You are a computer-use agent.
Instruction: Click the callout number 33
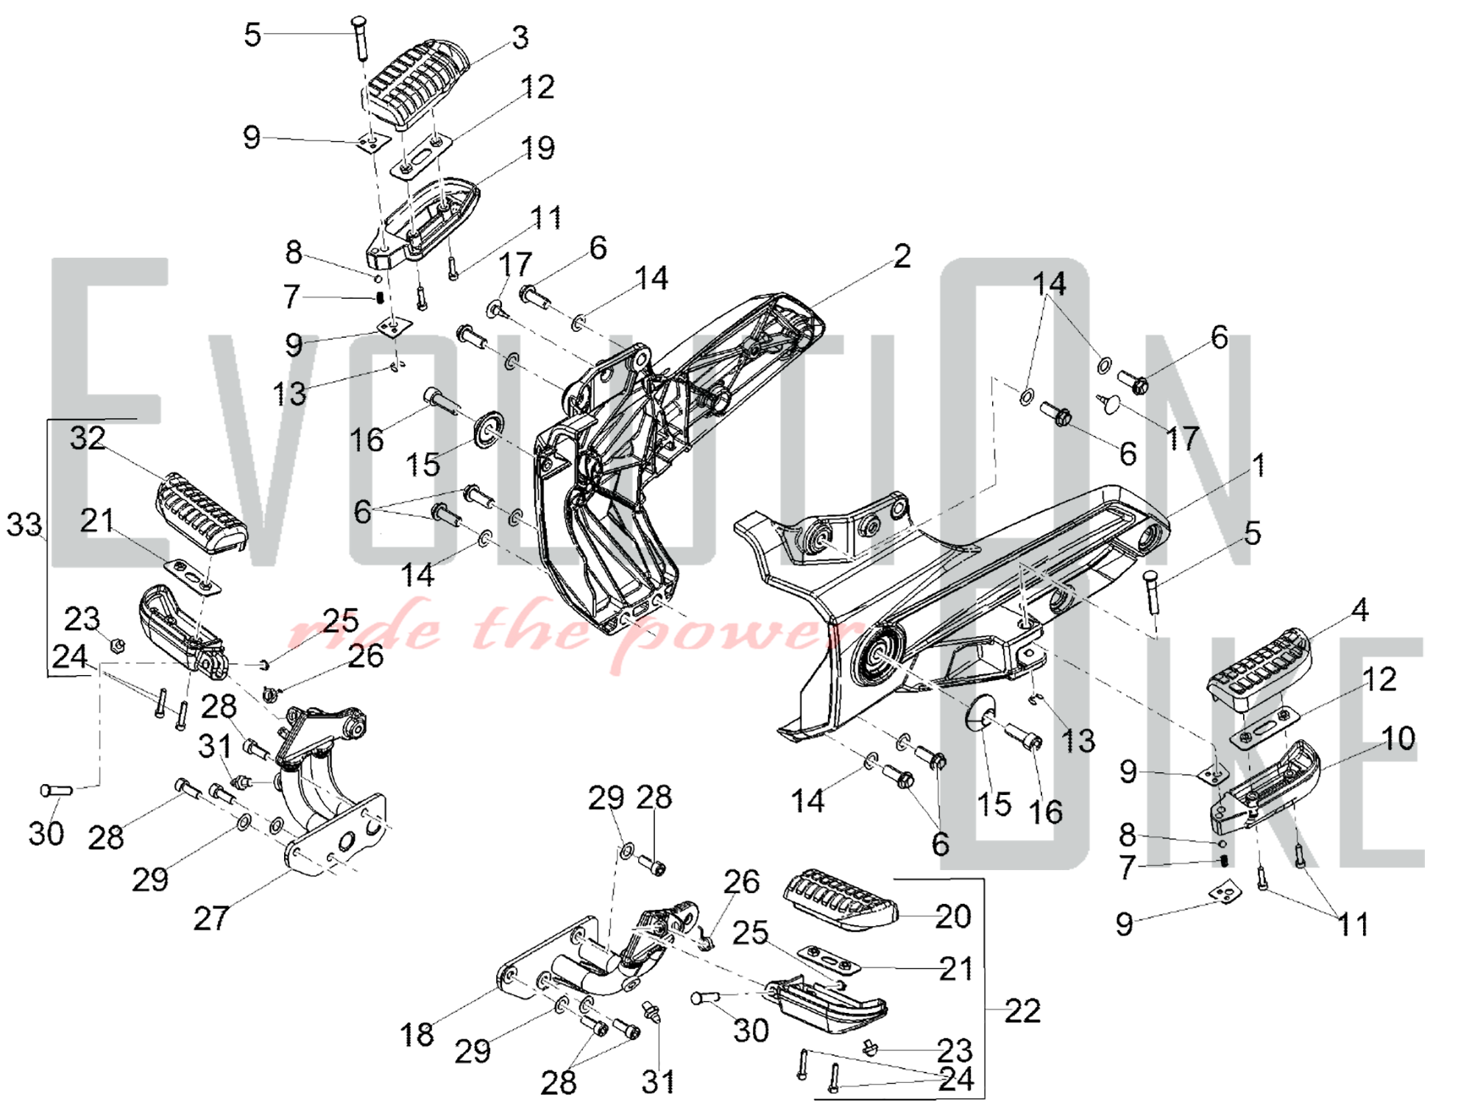pyautogui.click(x=24, y=526)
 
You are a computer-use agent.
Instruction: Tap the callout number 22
pyautogui.click(x=1022, y=1011)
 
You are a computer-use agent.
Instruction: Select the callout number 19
pyautogui.click(x=538, y=149)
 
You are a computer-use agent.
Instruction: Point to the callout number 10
pyautogui.click(x=1398, y=738)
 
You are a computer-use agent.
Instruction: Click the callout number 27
pyautogui.click(x=211, y=918)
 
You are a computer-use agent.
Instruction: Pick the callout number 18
pyautogui.click(x=417, y=1034)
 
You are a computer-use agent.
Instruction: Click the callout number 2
pyautogui.click(x=902, y=256)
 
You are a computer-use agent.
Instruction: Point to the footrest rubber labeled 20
pyautogui.click(x=839, y=900)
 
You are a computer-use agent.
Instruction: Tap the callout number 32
pyautogui.click(x=88, y=439)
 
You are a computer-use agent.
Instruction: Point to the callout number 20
pyautogui.click(x=952, y=917)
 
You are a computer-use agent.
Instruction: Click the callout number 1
pyautogui.click(x=1259, y=465)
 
